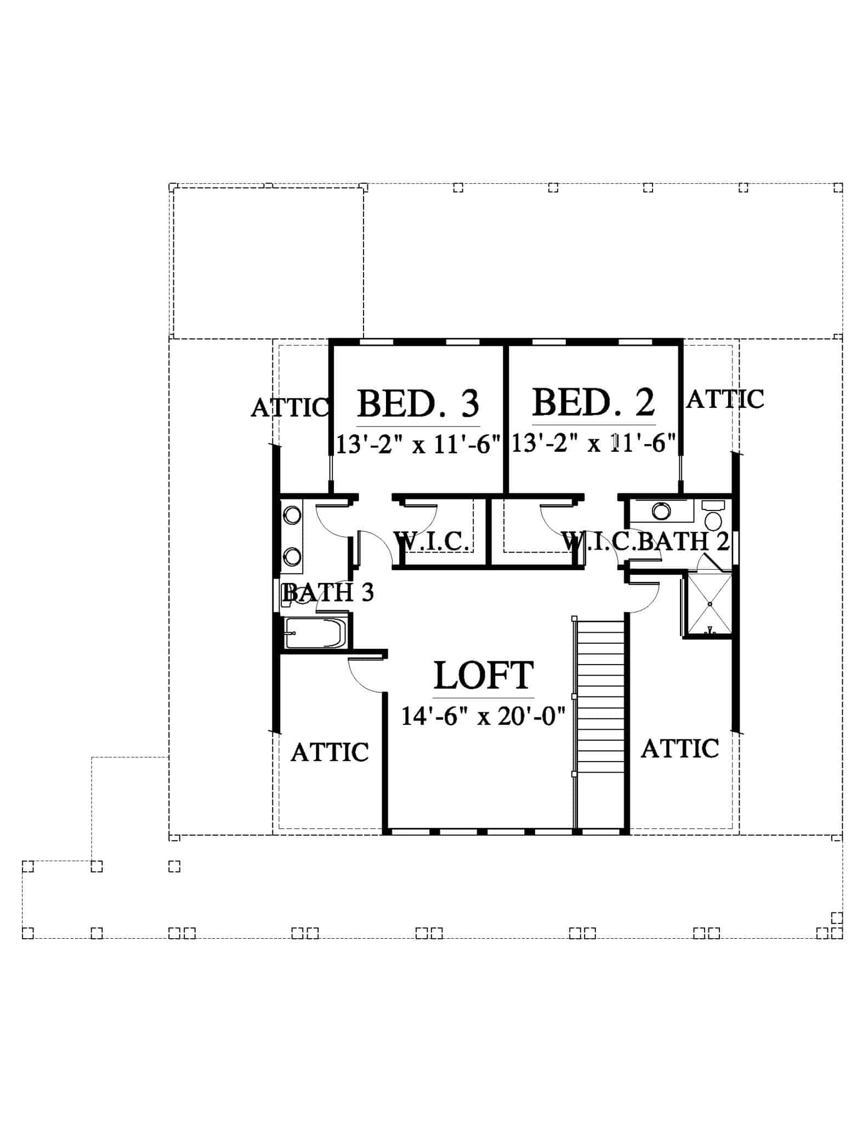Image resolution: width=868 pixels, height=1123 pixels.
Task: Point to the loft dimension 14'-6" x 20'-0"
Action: click(x=483, y=716)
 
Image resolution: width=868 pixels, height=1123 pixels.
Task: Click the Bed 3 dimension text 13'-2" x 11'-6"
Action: click(x=418, y=444)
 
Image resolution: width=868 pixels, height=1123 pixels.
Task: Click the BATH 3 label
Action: click(x=328, y=592)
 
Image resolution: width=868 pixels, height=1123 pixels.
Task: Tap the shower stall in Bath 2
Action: click(x=710, y=604)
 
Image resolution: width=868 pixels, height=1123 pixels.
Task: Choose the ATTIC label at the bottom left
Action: click(x=330, y=752)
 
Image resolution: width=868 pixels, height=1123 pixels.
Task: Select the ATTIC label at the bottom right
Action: click(x=680, y=748)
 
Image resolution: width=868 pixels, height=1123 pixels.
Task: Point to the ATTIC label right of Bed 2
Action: click(x=725, y=399)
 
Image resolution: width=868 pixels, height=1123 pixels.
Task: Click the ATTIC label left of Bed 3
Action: click(x=290, y=408)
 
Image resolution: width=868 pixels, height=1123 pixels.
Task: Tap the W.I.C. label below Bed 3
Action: click(x=432, y=542)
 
